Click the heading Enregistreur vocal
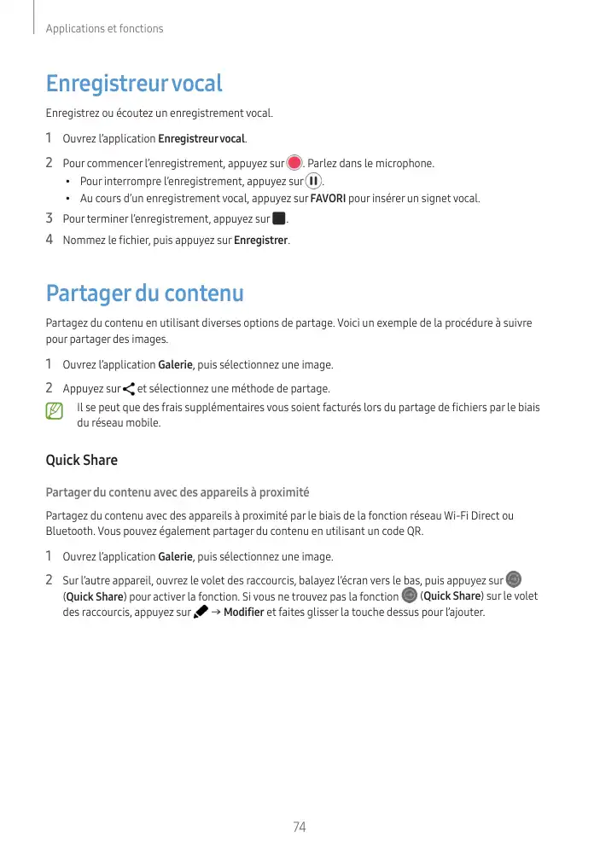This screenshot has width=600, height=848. tap(134, 84)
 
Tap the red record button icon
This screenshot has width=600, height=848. tap(294, 162)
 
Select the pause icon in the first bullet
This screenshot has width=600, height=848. tap(313, 181)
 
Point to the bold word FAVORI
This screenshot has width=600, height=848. tap(329, 199)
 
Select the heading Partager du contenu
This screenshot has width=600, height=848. tap(144, 294)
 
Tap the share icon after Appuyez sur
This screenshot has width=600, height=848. tap(129, 389)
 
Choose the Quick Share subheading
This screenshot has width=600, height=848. tap(81, 461)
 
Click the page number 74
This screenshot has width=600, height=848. tap(300, 827)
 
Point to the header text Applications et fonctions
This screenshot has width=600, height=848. tap(104, 29)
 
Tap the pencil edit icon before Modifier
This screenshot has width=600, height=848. tap(201, 612)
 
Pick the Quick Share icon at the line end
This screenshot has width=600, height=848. tap(513, 579)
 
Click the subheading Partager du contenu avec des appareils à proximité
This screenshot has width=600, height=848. tap(177, 493)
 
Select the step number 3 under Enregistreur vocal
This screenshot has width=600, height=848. tap(50, 219)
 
